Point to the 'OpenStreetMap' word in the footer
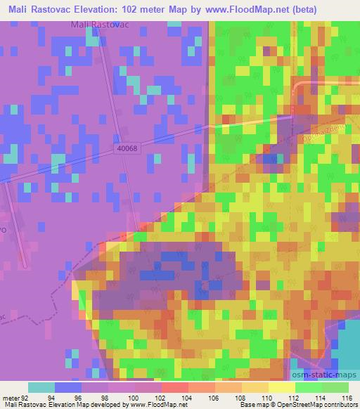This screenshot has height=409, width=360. point(288,405)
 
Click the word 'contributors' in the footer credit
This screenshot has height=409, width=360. point(336,405)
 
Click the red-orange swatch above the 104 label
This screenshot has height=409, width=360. point(174,387)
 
